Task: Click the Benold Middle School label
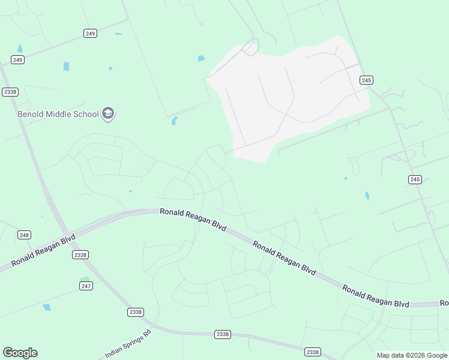[x=58, y=114]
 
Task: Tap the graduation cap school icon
[x=108, y=113]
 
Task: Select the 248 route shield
[x=24, y=235]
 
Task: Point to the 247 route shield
[x=86, y=286]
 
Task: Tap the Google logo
[x=20, y=353]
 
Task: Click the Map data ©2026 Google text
[x=412, y=355]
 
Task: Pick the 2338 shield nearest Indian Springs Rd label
[x=136, y=312]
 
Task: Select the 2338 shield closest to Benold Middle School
[x=10, y=92]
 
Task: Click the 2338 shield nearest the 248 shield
[x=80, y=255]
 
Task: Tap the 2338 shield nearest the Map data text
[x=312, y=352]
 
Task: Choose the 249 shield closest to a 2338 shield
[x=17, y=59]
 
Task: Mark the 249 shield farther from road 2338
[x=90, y=34]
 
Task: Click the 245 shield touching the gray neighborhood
[x=367, y=80]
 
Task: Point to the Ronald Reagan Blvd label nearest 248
[x=43, y=251]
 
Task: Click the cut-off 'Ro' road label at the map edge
[x=444, y=303]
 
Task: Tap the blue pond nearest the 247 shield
[x=47, y=307]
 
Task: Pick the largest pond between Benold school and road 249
[x=66, y=66]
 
